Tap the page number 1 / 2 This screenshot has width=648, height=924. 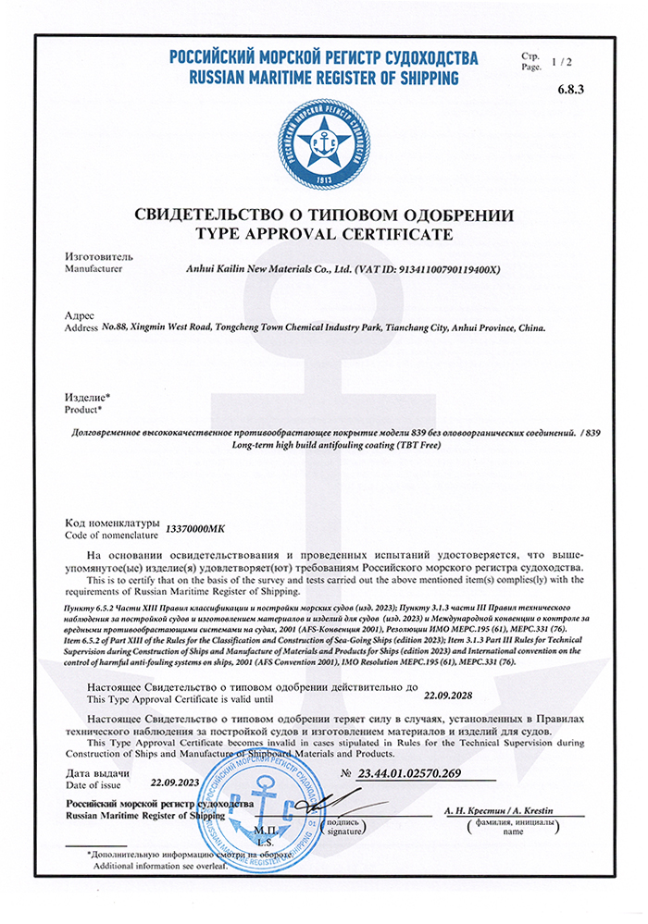click(561, 62)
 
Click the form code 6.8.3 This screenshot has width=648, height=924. click(572, 90)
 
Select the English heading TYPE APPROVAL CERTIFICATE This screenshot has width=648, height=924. click(323, 234)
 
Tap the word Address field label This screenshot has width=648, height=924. click(81, 328)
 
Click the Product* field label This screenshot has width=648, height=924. click(83, 408)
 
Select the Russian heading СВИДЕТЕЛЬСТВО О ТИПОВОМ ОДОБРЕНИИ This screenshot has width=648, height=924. click(323, 215)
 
